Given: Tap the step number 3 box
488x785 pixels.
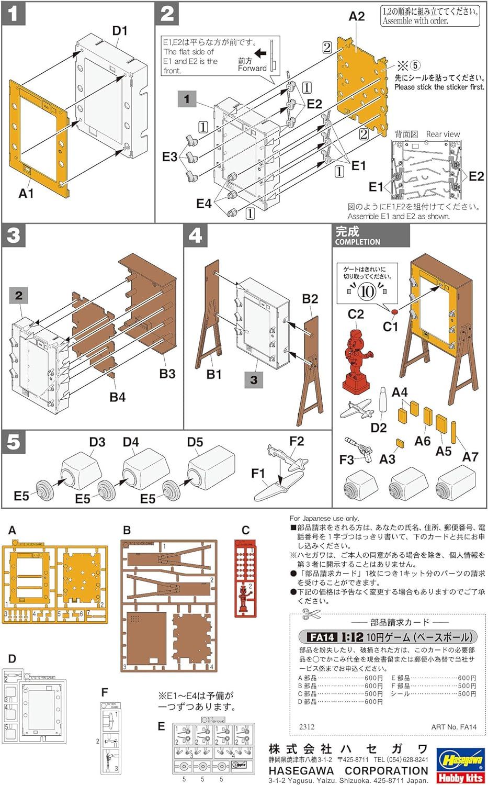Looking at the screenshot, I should [14, 235].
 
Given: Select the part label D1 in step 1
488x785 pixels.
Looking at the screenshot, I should [120, 31].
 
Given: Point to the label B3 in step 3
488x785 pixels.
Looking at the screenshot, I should [167, 374].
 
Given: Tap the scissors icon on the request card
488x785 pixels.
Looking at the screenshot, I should [307, 613].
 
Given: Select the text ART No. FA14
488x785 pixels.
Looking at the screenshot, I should [453, 727].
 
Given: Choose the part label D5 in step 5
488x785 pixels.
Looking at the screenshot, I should [195, 442].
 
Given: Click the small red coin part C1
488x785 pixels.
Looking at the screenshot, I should [394, 312].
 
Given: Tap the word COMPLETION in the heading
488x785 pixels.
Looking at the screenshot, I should [357, 242].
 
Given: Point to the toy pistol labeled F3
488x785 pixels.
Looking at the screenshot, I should [358, 447].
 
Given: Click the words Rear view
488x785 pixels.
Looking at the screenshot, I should [442, 134].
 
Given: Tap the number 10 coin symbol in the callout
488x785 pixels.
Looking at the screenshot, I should [367, 291].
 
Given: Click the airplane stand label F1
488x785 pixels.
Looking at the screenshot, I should [258, 474].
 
